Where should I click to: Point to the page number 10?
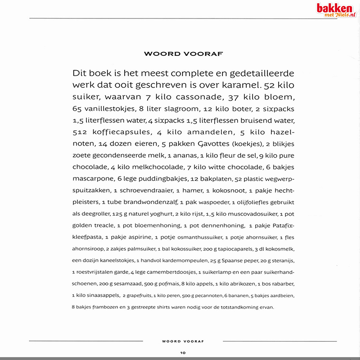coord(183,352)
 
